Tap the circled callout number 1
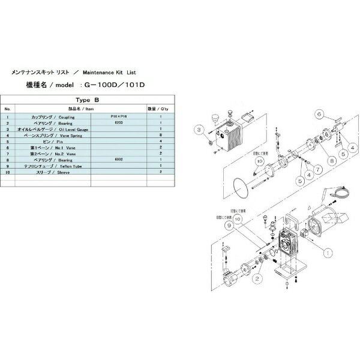[328, 253]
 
